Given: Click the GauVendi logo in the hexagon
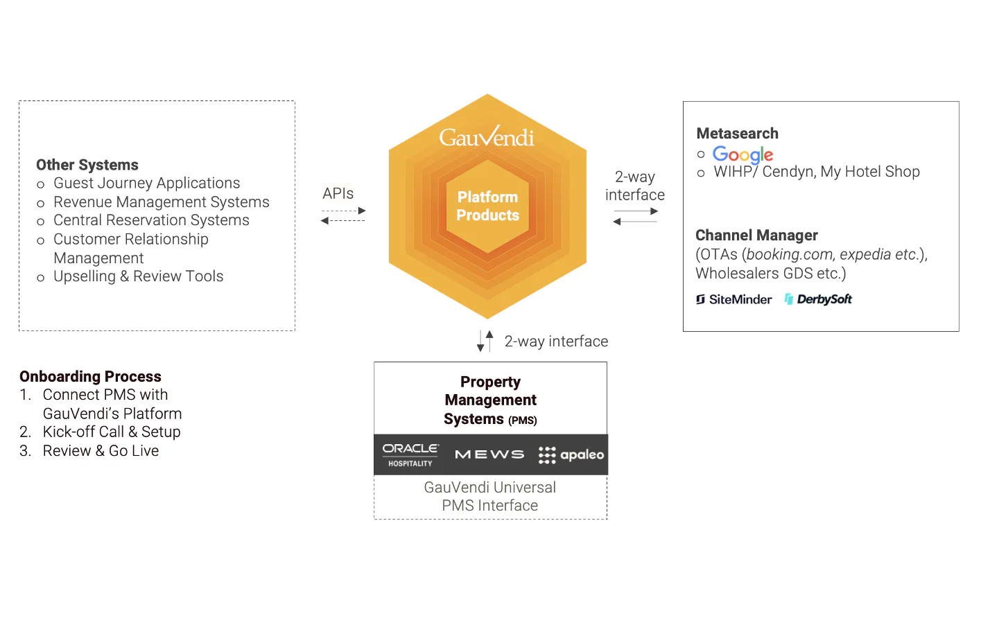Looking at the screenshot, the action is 487,136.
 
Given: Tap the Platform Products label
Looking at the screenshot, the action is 487,206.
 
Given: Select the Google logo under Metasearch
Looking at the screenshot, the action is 742,154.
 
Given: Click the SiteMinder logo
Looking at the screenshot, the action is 733,299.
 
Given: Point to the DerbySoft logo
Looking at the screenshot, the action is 818,299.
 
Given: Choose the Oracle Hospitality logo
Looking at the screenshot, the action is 410,454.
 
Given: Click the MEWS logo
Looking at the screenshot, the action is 489,454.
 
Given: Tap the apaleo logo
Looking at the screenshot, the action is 571,454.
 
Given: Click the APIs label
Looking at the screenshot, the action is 338,193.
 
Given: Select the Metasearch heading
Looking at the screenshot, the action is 737,133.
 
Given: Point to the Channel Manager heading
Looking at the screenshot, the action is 756,235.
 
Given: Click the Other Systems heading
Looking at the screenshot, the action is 87,165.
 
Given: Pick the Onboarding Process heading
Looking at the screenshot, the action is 90,376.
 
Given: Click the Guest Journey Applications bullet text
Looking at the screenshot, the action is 146,183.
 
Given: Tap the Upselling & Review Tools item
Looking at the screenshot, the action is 139,276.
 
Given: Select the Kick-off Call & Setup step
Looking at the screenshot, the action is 112,432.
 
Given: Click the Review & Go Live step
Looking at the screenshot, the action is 101,450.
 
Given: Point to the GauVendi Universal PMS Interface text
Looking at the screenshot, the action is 489,496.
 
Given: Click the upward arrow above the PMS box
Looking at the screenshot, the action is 489,341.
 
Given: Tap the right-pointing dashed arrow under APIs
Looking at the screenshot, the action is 344,211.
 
